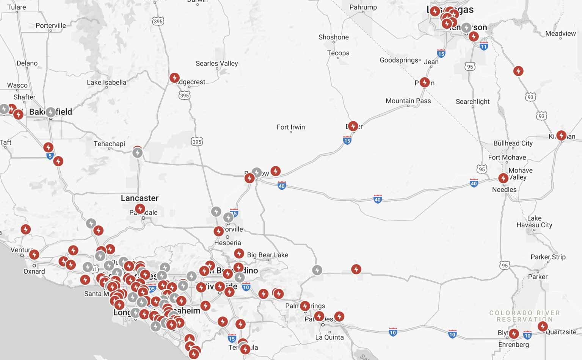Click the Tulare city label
tap(17, 7)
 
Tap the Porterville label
tap(50, 25)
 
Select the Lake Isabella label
tap(107, 82)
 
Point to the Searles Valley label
tap(216, 63)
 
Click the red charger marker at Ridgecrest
tap(174, 78)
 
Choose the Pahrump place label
tap(363, 7)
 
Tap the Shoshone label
tap(333, 37)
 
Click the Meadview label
tap(560, 33)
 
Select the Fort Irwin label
tap(290, 127)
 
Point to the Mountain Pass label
tap(408, 101)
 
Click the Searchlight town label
tap(472, 102)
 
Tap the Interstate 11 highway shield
tap(483, 47)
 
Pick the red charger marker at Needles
tap(503, 178)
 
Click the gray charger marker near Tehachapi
tap(137, 153)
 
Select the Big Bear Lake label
tap(267, 255)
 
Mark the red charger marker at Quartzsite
tap(543, 326)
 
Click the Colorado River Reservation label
tap(524, 316)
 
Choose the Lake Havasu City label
tap(534, 221)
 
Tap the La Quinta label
tap(329, 337)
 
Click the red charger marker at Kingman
tap(561, 135)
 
